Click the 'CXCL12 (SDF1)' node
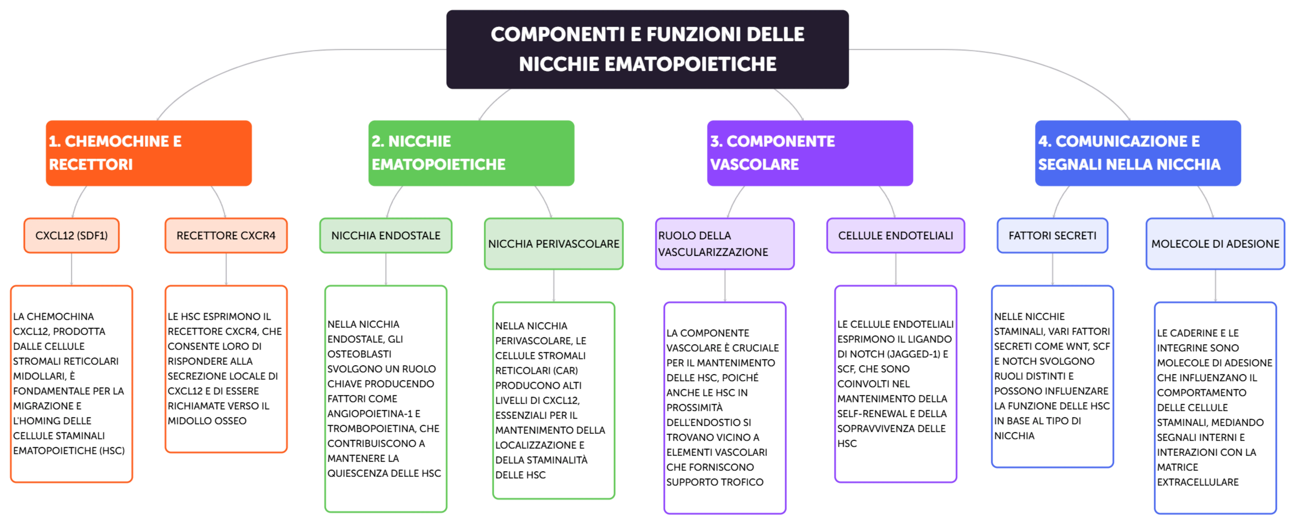tap(71, 235)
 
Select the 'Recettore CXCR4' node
tap(226, 235)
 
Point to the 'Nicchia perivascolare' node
tap(553, 244)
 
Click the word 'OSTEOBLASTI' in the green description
tap(359, 354)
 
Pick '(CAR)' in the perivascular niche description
tap(565, 371)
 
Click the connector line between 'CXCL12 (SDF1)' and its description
tap(71, 269)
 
